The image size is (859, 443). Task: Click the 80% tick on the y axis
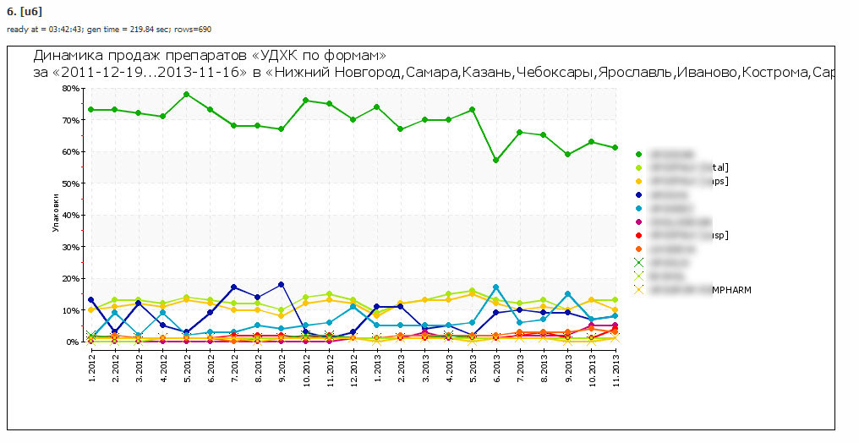point(70,88)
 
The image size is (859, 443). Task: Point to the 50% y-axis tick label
point(70,183)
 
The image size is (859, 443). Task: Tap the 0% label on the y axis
point(74,342)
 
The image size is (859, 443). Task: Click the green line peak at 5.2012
point(186,94)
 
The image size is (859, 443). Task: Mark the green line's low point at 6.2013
point(496,161)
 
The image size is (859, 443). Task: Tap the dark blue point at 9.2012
point(282,284)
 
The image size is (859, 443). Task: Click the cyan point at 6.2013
point(496,287)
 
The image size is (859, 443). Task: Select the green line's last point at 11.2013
point(616,148)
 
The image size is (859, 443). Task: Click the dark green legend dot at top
point(638,155)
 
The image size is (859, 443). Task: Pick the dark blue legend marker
point(638,194)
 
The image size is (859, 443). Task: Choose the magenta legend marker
point(638,221)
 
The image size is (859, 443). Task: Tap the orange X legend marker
point(638,289)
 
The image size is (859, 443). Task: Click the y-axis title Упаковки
point(56,216)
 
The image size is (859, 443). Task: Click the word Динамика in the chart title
point(65,57)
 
